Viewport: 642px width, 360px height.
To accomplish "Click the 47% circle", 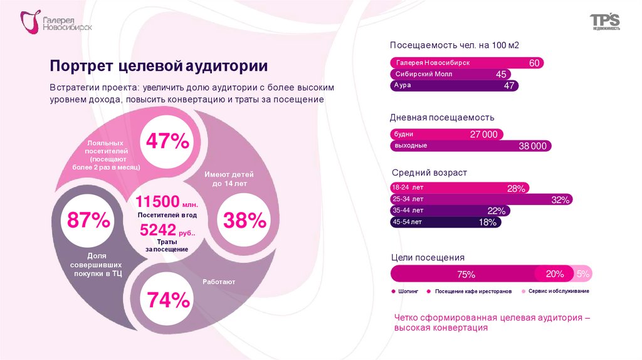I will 167,141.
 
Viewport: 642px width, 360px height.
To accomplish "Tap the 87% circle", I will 88,220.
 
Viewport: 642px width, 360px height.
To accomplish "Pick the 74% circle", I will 168,300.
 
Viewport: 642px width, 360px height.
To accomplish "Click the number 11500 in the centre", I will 158,202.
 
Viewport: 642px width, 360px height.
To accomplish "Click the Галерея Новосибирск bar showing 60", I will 466,63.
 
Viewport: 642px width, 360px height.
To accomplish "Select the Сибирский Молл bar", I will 450,74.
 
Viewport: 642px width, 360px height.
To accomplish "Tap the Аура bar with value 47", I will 454,86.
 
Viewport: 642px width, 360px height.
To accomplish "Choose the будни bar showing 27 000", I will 446,134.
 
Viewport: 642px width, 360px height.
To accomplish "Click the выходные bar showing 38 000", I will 471,146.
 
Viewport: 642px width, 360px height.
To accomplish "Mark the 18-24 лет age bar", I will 460,188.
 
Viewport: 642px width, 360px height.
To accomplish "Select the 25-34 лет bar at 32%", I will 481,199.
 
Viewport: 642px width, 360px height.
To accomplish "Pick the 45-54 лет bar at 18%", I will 445,222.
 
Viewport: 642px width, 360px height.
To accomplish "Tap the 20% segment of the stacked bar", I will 555,274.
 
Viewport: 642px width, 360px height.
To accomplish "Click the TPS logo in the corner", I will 604,22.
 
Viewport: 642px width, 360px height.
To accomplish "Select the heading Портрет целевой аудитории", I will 159,66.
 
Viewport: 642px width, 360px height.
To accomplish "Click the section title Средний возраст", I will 429,172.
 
